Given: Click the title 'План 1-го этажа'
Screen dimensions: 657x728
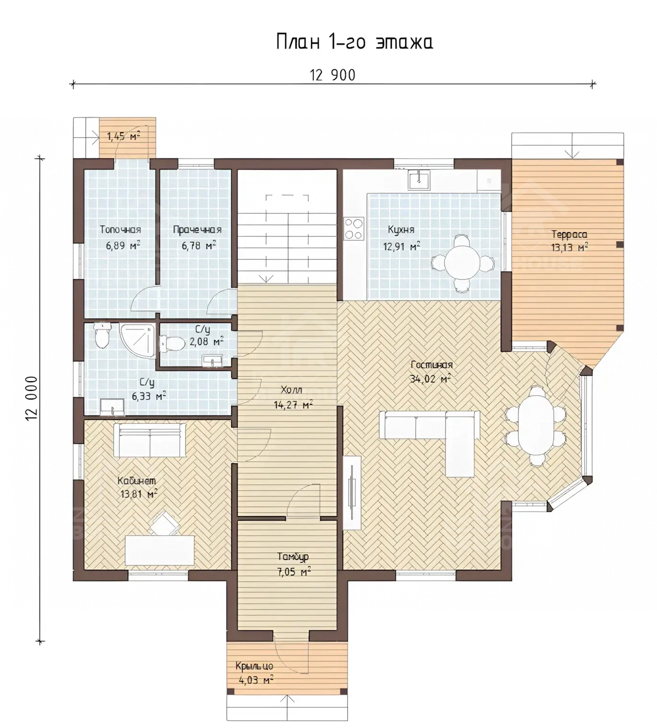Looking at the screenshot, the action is tap(354, 42).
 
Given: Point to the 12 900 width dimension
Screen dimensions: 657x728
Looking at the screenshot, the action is tap(332, 75).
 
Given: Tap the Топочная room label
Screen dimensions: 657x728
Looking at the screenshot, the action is tap(120, 230).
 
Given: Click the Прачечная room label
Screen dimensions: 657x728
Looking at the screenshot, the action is tap(197, 230).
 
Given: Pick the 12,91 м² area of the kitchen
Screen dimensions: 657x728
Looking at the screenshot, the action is tap(402, 247).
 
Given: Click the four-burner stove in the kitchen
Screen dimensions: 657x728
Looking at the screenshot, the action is tap(353, 228).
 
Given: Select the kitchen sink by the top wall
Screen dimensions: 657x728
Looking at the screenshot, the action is tap(419, 180).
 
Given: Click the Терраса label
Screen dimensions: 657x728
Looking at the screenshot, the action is tap(569, 235).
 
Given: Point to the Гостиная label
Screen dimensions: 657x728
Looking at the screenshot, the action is tap(432, 365).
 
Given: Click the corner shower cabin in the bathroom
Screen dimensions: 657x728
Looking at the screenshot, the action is tap(137, 341).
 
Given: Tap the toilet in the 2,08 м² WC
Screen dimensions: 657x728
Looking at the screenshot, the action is tap(172, 344).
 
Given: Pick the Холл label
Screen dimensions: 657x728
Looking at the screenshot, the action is tap(291, 390).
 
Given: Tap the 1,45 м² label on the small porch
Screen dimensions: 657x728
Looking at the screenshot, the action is tap(124, 137).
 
